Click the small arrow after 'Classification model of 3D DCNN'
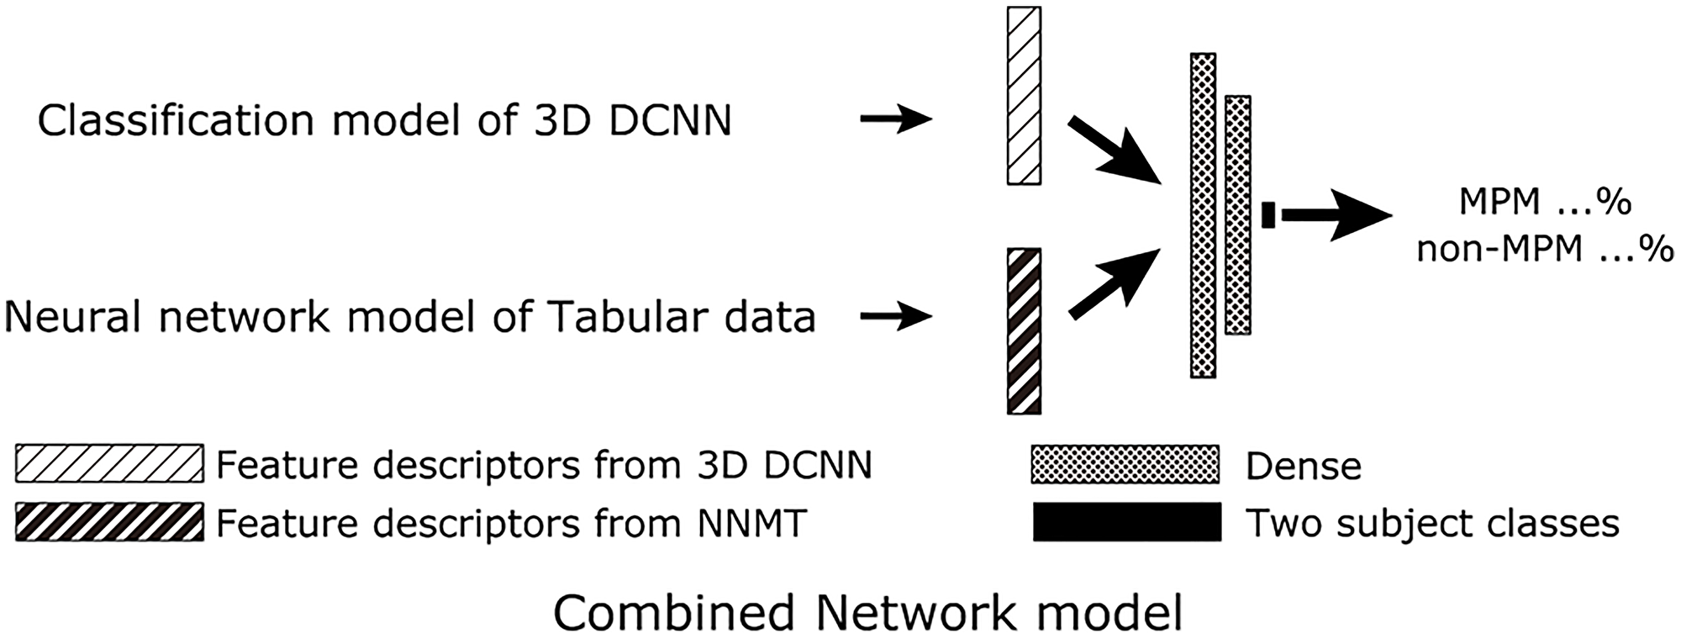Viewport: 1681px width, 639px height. tap(896, 120)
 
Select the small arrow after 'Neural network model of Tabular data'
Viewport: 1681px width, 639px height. tap(896, 317)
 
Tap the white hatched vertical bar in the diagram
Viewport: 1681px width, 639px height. tap(1024, 96)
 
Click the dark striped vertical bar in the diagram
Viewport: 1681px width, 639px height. tap(1024, 331)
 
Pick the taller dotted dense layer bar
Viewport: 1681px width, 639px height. tap(1203, 215)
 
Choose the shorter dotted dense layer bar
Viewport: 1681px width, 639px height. tap(1237, 215)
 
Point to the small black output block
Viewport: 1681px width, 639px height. tap(1268, 214)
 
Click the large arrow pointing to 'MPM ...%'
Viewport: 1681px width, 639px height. tap(1336, 215)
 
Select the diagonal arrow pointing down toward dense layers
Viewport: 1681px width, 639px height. tap(1114, 151)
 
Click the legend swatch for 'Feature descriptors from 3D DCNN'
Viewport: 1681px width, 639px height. tap(109, 463)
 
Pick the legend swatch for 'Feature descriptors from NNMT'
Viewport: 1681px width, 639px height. tap(109, 522)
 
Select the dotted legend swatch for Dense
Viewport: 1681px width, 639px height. tap(1125, 464)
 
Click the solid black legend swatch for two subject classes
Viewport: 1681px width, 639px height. tap(1126, 522)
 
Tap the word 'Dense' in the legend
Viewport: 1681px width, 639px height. tap(1303, 466)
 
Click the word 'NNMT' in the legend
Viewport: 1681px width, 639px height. tap(751, 523)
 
